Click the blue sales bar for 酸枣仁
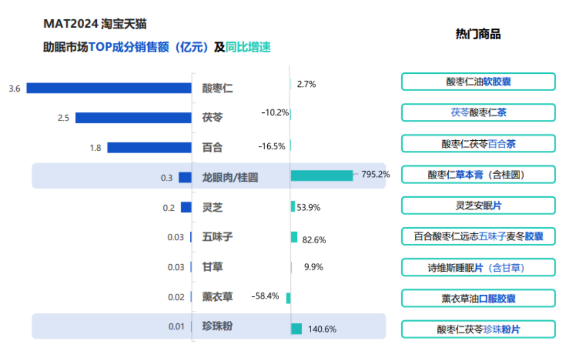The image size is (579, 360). [x=109, y=88]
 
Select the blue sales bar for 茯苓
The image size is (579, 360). [x=133, y=118]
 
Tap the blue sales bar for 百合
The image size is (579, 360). [x=149, y=148]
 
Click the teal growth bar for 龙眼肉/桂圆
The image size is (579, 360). [x=322, y=176]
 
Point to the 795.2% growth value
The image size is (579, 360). [x=376, y=174]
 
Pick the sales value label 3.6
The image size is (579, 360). [x=15, y=89]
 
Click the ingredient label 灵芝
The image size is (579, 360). [x=212, y=208]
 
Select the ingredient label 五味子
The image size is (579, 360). [x=217, y=237]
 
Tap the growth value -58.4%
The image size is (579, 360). [x=265, y=296]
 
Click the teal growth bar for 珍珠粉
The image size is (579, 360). [x=296, y=329]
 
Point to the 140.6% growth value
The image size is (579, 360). [x=322, y=329]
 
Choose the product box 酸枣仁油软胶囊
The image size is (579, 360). [x=478, y=82]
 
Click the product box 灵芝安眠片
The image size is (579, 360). [x=478, y=206]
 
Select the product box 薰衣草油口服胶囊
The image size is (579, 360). [x=478, y=299]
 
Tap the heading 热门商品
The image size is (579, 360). [x=478, y=35]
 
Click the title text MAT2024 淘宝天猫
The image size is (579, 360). [x=95, y=24]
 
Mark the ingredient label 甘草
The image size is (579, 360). [x=212, y=267]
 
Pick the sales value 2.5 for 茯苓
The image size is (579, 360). [x=63, y=118]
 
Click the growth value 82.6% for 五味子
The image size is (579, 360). [x=314, y=240]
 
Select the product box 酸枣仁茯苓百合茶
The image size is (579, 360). [x=478, y=144]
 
